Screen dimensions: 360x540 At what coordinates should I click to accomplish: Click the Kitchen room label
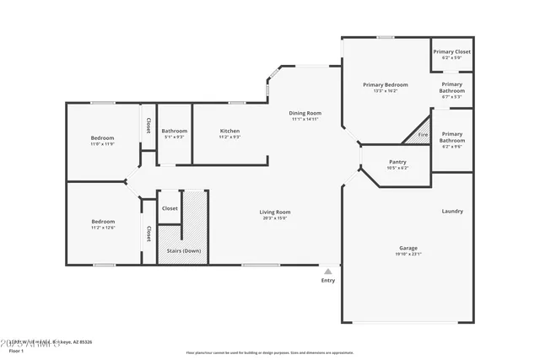[229, 131]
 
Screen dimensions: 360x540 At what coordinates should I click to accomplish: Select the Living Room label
[274, 212]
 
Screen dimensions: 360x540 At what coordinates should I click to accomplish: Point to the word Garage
[408, 248]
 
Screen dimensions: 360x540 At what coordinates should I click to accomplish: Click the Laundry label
[451, 211]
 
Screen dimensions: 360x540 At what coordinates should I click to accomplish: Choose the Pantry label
[398, 162]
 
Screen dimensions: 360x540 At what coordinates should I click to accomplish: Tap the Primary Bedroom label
[385, 84]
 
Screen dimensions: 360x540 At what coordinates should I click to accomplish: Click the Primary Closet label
[451, 51]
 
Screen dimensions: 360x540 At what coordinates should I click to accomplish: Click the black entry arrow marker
[327, 271]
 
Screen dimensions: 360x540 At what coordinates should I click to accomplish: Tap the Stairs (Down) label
[180, 250]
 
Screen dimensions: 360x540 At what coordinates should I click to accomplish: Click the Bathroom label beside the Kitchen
[175, 131]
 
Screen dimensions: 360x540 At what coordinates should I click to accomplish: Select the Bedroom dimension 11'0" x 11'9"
[103, 143]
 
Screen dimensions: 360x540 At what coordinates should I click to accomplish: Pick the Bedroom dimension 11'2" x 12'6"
[103, 227]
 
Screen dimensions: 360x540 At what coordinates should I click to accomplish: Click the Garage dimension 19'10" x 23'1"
[408, 254]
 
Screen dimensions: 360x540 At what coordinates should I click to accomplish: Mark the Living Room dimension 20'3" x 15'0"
[274, 218]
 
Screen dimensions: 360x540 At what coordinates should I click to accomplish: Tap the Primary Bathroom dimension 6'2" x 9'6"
[451, 147]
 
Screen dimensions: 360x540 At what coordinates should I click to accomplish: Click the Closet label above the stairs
[170, 207]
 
